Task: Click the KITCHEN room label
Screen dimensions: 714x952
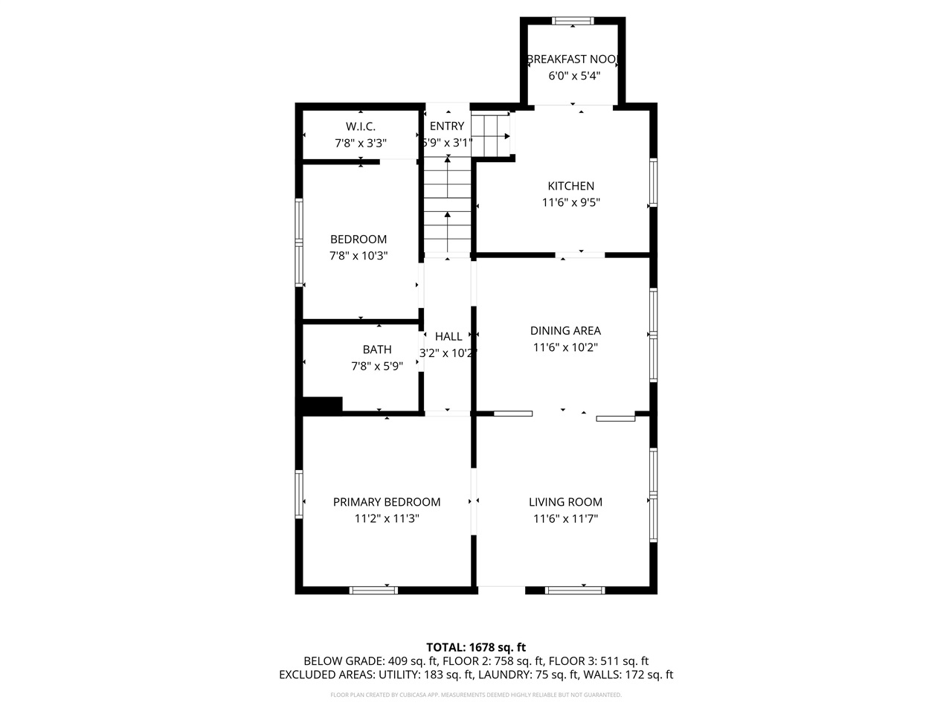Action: point(570,186)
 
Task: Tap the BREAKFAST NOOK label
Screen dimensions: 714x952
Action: point(573,59)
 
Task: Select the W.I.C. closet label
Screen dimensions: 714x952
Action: point(360,126)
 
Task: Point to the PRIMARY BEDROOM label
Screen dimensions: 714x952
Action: point(387,502)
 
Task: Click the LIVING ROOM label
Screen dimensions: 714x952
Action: point(565,502)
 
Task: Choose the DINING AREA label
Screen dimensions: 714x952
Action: point(565,331)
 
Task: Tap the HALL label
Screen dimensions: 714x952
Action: point(448,337)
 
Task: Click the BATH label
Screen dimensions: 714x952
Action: point(377,350)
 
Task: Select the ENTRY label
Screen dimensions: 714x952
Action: point(447,126)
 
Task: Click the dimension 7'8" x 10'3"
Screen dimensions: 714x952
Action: point(358,256)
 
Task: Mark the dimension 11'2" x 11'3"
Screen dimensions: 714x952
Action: point(387,519)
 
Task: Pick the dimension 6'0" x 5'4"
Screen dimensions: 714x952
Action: point(573,76)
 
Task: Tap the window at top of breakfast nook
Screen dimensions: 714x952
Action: point(573,20)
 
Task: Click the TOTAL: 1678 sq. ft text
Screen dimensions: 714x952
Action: point(476,647)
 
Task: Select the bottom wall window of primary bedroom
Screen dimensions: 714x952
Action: point(373,591)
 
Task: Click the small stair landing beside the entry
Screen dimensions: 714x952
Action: point(491,136)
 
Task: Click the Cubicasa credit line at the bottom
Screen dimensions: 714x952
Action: point(476,695)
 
